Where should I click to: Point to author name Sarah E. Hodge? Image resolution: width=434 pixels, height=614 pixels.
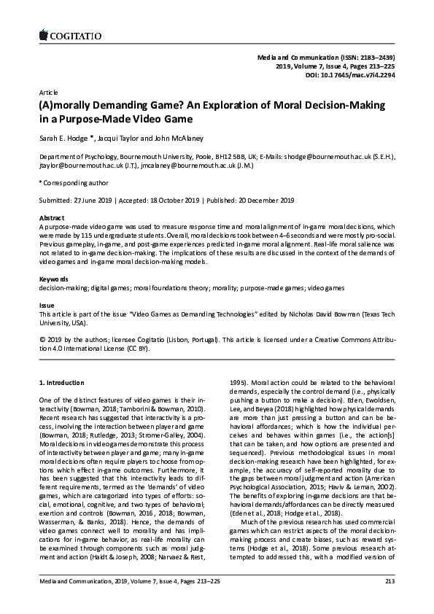tap(64, 137)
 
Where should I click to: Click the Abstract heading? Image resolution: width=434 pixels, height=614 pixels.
tap(51, 218)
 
